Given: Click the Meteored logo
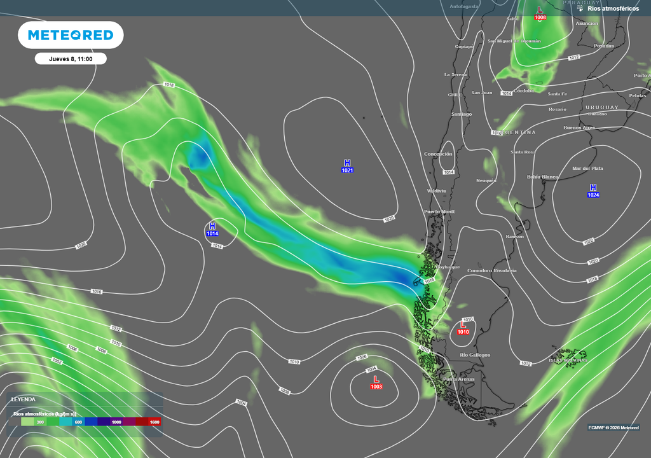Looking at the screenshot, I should coord(70,35).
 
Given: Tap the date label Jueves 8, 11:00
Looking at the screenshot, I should coord(71,59).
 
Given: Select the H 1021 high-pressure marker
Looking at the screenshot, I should coord(347,167).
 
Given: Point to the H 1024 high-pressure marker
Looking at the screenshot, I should coord(593,191).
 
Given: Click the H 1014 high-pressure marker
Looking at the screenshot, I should coord(212,230).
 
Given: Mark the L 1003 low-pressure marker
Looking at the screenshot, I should coord(376,382).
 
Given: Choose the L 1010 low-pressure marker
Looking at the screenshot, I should coord(463,328).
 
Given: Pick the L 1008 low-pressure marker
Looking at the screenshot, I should coord(540,13).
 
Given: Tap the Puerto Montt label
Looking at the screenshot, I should coord(440,211).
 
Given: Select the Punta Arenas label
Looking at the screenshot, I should coord(458,379).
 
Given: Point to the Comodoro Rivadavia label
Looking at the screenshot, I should coord(491,270).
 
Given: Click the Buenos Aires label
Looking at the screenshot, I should coord(579,127).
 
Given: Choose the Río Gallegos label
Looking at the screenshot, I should coord(475,354).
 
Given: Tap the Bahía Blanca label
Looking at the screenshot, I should coord(542,176).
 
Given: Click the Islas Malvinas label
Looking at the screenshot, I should coord(568,360).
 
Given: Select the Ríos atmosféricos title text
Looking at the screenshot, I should coord(613,8).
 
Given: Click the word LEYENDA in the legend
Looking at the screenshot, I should coord(24,399).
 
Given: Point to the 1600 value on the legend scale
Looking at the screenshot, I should coord(154,422).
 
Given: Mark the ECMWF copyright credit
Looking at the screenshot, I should coord(613,427).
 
